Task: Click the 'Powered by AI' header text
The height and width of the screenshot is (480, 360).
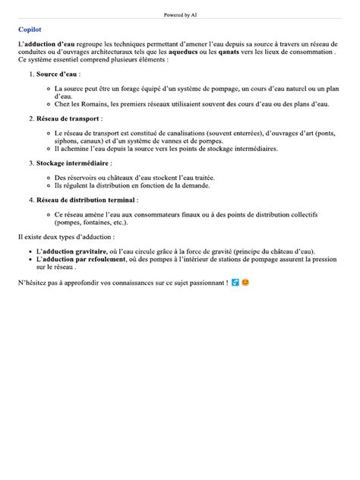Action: (180, 14)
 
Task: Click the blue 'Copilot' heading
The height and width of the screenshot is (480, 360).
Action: (29, 30)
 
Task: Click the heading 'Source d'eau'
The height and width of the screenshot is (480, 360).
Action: (58, 74)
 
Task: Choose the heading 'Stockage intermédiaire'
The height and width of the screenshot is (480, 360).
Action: (73, 163)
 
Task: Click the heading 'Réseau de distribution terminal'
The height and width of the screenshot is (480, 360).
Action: (86, 200)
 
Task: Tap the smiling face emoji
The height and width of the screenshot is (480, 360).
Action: (245, 283)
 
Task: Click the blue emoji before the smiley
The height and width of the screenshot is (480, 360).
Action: (235, 283)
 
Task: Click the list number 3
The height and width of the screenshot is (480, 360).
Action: (30, 163)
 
